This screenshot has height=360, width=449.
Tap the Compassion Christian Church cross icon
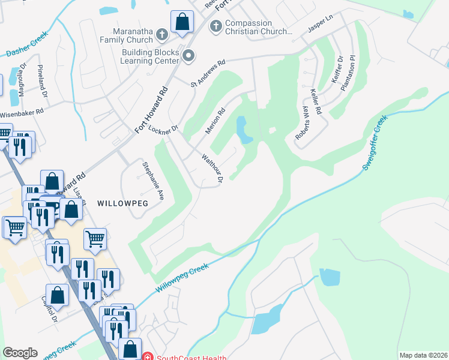click(215, 26)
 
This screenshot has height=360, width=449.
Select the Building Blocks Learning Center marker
click(188, 56)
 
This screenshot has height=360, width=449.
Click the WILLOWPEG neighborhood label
click(122, 203)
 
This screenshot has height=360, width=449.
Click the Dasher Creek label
click(26, 45)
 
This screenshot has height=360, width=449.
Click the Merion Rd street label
click(214, 121)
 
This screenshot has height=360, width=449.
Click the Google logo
click(20, 353)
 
